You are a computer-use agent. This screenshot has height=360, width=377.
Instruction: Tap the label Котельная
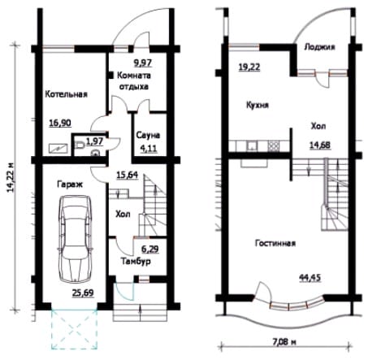point(66,94)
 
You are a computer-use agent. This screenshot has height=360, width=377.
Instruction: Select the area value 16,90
point(60,123)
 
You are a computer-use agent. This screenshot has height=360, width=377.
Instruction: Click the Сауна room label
point(148,135)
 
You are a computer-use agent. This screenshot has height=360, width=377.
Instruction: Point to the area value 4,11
point(149,149)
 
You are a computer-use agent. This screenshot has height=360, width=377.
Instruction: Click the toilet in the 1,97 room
point(80,145)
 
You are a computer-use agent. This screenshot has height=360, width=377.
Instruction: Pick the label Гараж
point(70,184)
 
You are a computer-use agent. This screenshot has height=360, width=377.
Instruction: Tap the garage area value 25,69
point(83,293)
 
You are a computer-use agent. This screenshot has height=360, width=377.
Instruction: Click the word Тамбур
point(136,262)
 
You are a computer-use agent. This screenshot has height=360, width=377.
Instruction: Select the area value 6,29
point(150,249)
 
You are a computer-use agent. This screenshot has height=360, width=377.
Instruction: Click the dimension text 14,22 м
point(11,178)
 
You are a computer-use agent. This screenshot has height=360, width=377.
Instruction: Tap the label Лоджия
point(319,47)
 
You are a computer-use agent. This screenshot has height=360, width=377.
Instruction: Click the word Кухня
point(258,105)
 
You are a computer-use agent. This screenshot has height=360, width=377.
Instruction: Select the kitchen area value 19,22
point(249,67)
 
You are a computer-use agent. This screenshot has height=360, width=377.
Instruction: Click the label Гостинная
point(275,243)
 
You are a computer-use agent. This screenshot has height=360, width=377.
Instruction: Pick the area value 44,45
point(310,278)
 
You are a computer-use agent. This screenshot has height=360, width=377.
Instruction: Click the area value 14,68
point(320,145)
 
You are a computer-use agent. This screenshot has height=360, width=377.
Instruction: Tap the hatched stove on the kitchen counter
point(273,145)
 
